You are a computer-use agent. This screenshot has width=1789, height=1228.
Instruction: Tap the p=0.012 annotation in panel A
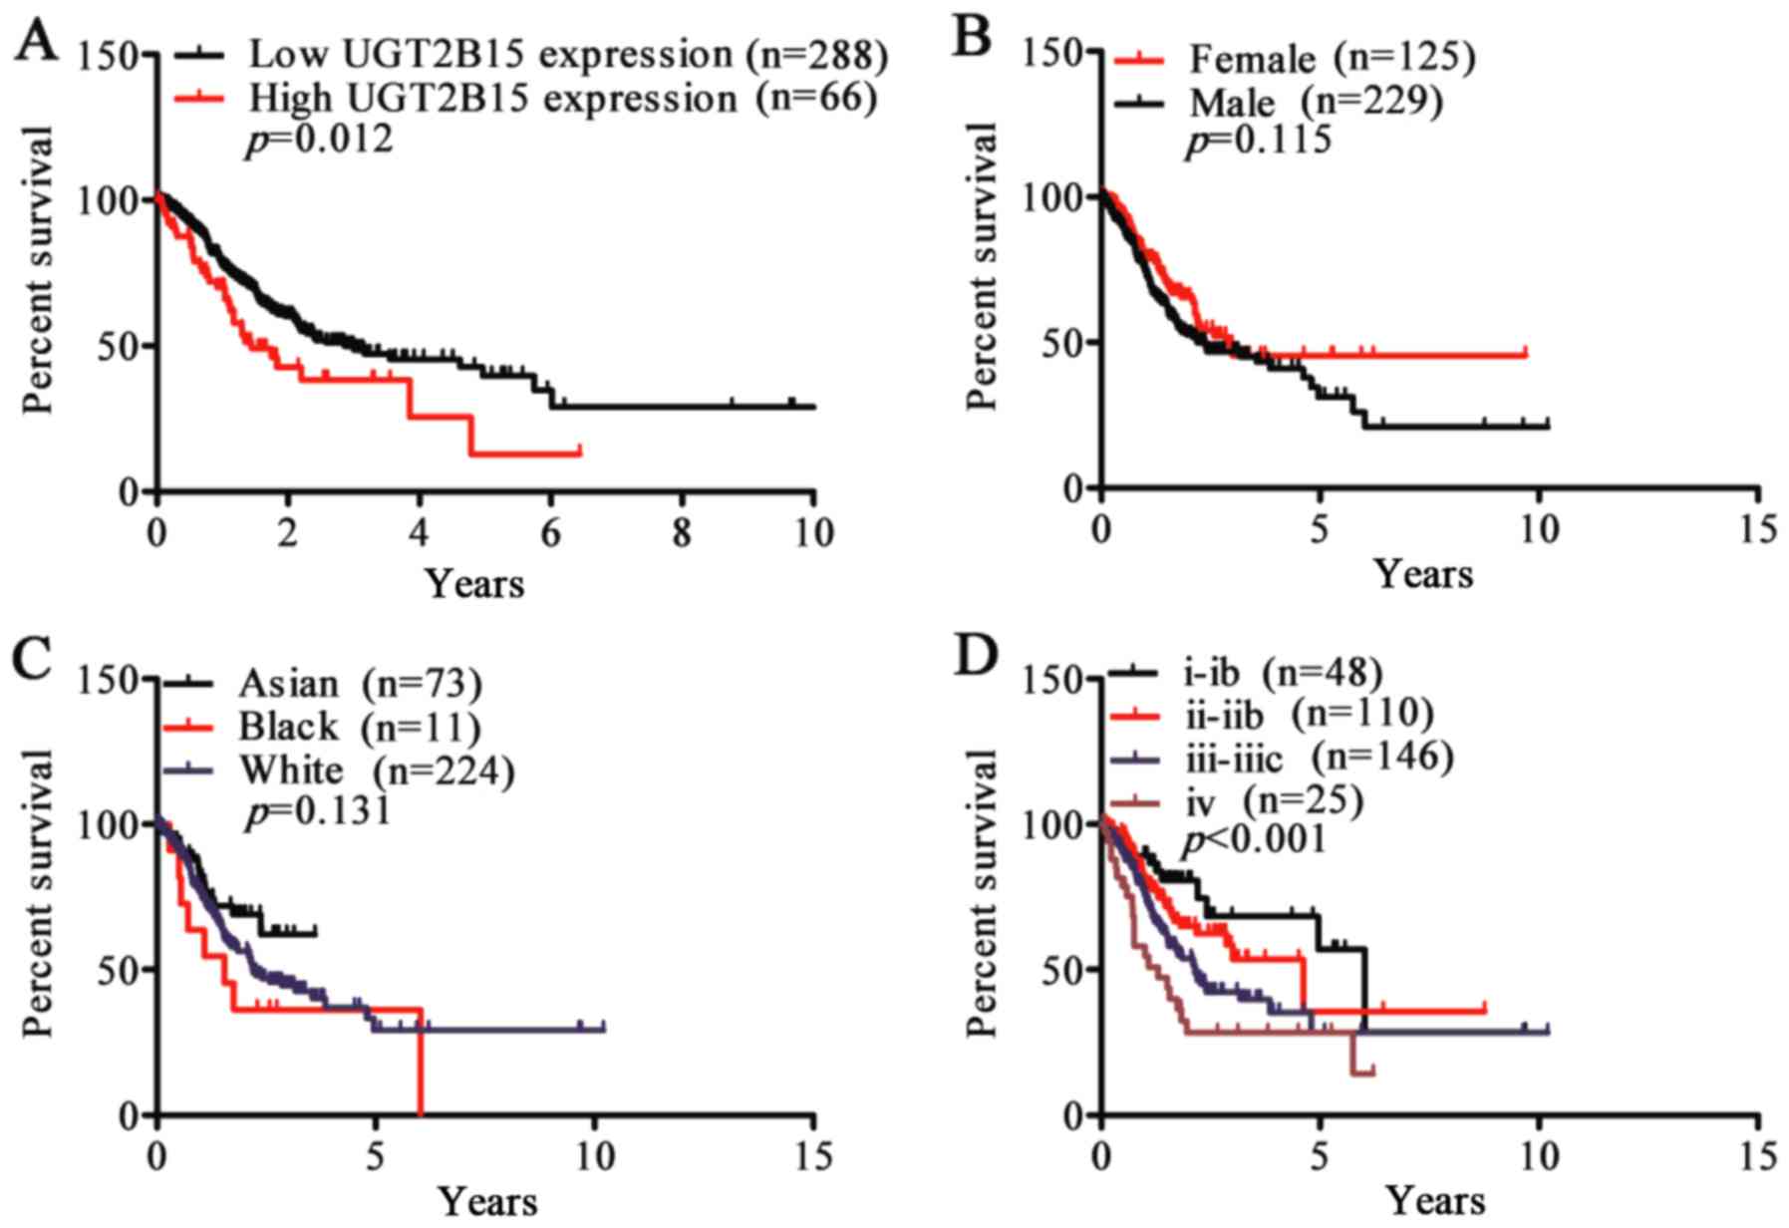click(x=319, y=140)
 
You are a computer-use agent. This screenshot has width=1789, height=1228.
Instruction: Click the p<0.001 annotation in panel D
click(x=1254, y=840)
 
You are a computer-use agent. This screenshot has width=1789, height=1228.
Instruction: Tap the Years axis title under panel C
click(x=488, y=1201)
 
